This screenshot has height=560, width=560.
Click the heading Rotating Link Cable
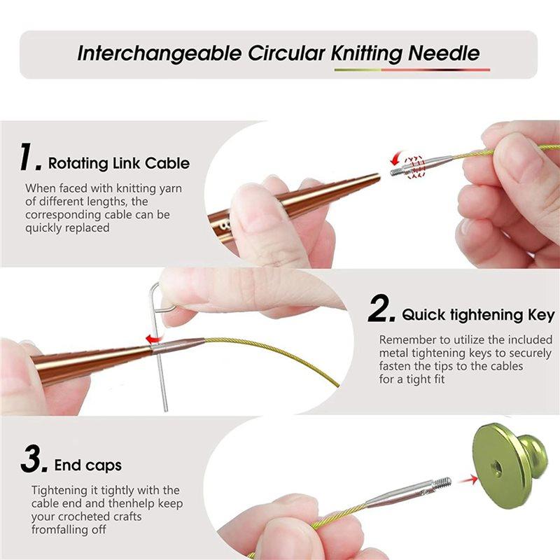pos(118,164)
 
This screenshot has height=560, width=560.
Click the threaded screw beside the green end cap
pos(442,483)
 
